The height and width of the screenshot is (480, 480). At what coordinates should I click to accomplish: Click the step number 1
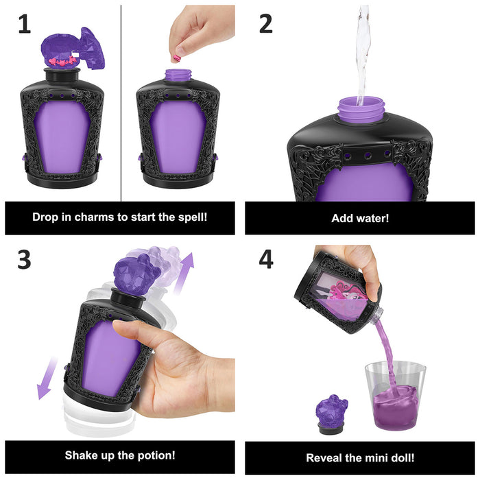(25, 24)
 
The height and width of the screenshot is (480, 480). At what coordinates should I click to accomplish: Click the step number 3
(25, 260)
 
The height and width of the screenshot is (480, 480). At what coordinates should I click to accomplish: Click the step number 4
(266, 260)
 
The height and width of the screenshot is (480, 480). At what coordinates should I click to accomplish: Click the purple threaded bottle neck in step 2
(361, 110)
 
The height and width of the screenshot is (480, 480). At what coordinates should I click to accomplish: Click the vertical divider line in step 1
(121, 103)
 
